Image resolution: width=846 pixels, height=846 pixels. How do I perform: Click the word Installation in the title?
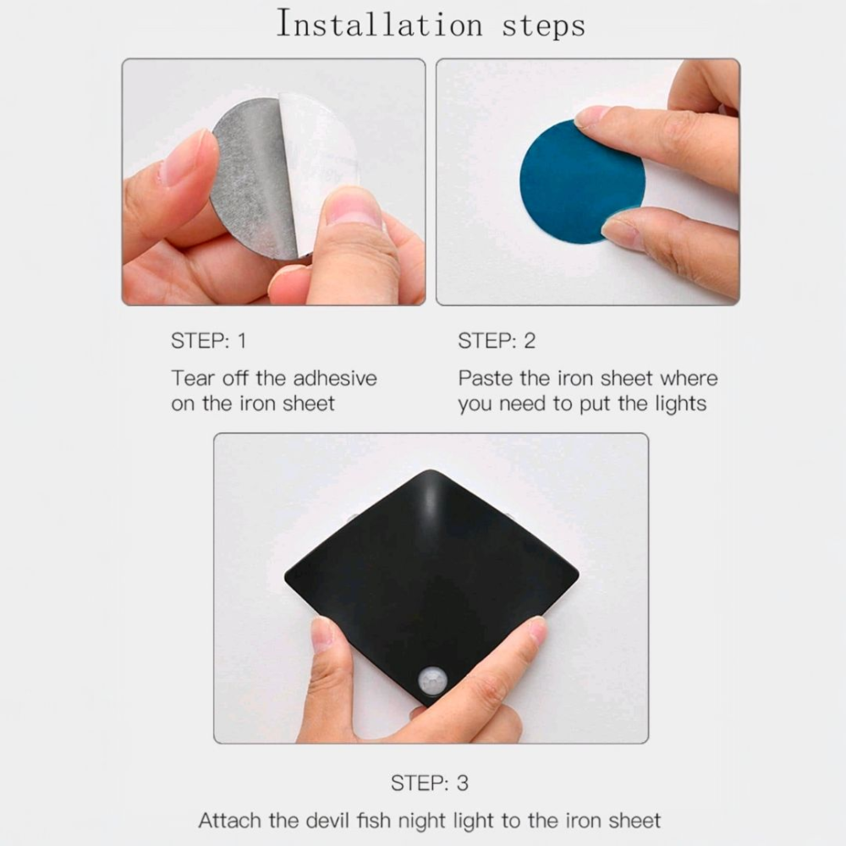pyautogui.click(x=379, y=25)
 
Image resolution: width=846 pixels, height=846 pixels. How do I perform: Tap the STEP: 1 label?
pyautogui.click(x=208, y=341)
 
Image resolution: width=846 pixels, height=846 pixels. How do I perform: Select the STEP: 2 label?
pyautogui.click(x=497, y=341)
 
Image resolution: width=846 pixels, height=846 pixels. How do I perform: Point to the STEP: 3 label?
pyautogui.click(x=430, y=783)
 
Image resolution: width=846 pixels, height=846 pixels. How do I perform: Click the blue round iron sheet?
pyautogui.click(x=580, y=181)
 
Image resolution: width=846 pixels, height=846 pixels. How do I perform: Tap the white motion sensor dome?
pyautogui.click(x=432, y=681)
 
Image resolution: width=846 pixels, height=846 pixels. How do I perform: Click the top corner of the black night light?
pyautogui.click(x=431, y=470)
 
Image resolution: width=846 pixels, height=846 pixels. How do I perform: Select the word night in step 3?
pyautogui.click(x=423, y=821)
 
